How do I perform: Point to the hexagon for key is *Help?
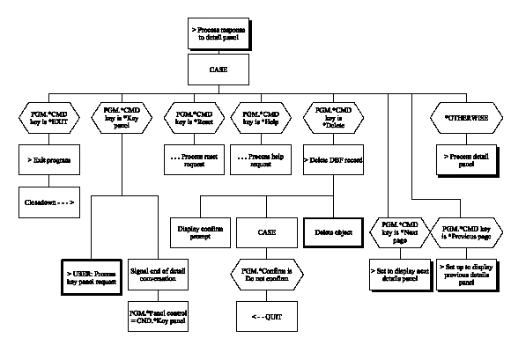261,117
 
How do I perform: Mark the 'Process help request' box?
261,161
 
